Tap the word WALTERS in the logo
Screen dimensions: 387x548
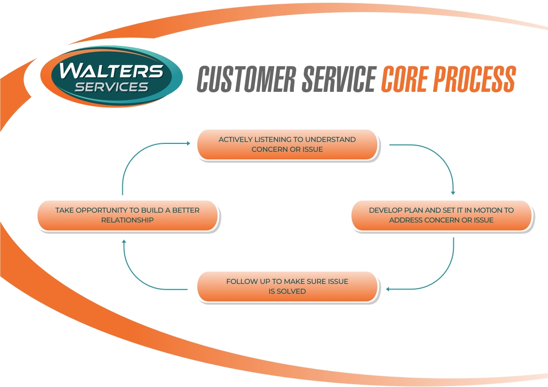click(x=112, y=70)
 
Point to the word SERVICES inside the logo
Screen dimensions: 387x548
click(x=112, y=87)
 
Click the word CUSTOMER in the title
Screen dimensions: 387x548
click(x=247, y=79)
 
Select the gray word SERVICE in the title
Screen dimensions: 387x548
click(x=338, y=79)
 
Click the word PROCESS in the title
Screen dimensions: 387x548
click(x=473, y=79)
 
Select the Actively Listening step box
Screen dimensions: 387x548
click(x=287, y=145)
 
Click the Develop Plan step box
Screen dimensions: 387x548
click(x=441, y=215)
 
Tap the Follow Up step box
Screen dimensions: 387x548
click(x=287, y=286)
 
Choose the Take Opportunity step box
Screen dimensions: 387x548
click(x=128, y=215)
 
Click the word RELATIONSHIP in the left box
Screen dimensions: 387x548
click(x=128, y=220)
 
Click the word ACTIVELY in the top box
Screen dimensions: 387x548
click(x=235, y=140)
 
